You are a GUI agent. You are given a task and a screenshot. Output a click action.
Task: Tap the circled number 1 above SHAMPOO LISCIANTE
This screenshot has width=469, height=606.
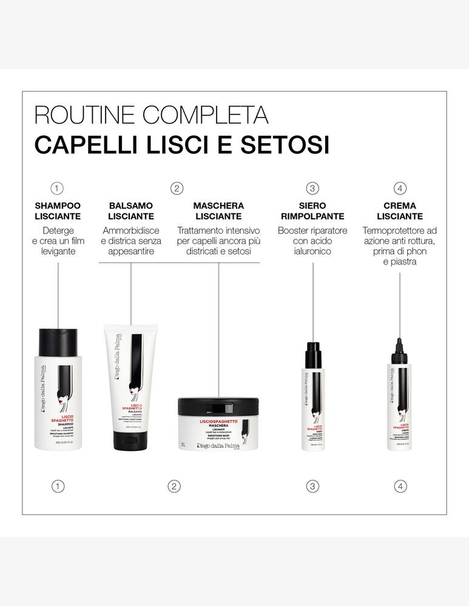[58, 188]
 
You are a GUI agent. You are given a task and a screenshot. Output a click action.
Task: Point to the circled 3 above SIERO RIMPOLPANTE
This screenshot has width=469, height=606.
[312, 188]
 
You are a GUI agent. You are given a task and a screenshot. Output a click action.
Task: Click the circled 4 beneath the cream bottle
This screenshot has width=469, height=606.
[400, 486]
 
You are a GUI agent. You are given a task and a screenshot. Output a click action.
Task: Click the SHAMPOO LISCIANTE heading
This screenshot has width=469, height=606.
[58, 211]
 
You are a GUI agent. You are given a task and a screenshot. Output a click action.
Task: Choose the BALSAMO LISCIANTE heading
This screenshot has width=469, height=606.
[131, 211]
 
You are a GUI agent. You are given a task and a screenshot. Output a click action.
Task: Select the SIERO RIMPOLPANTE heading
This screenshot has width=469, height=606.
[312, 211]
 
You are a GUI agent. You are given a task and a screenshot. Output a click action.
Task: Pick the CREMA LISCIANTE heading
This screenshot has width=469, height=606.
[400, 211]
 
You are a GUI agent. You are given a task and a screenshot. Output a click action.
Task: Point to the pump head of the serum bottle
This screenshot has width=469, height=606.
[312, 351]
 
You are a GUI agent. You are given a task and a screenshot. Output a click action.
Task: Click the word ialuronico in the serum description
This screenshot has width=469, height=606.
[312, 251]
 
